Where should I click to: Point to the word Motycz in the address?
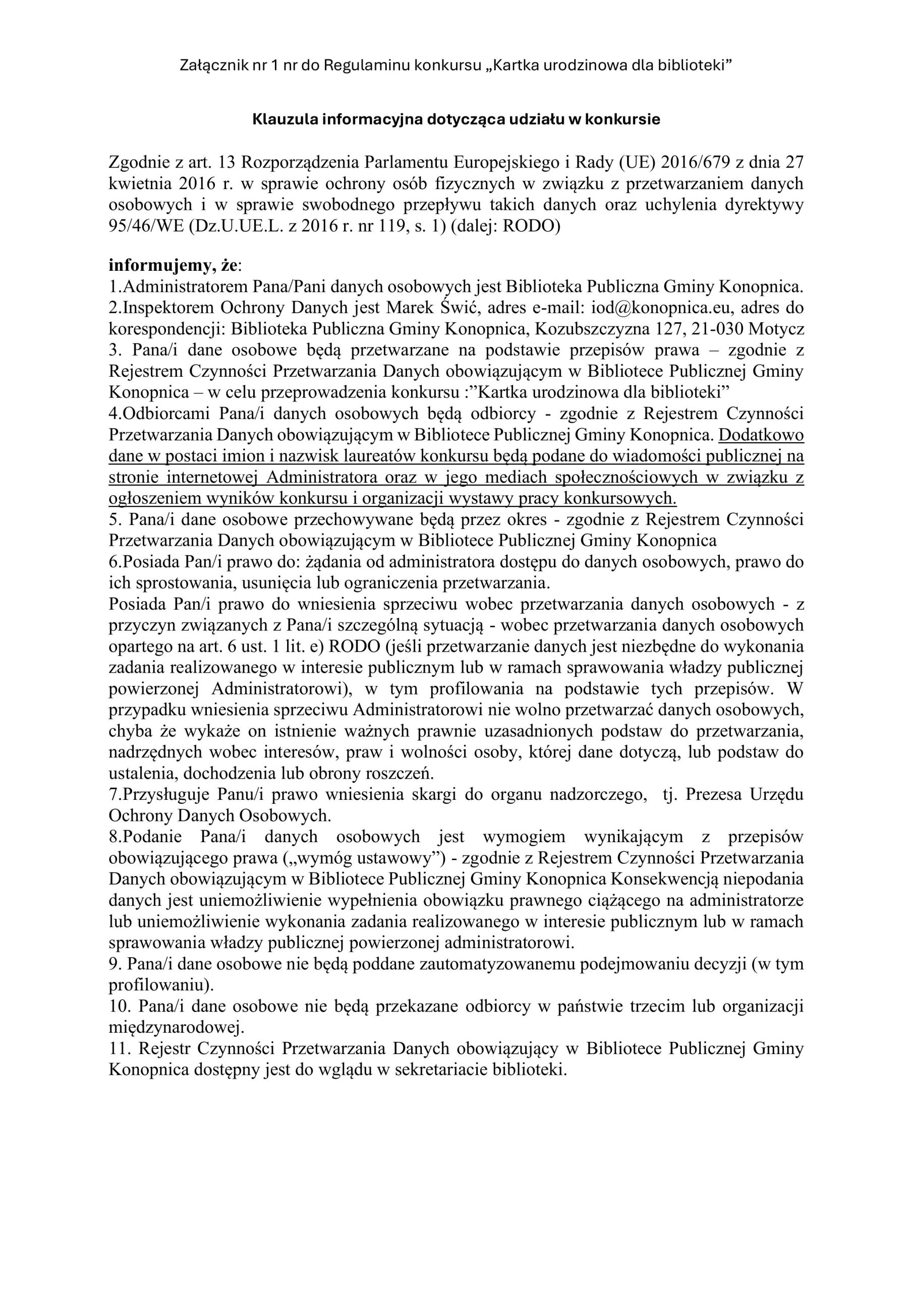pos(778,328)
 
